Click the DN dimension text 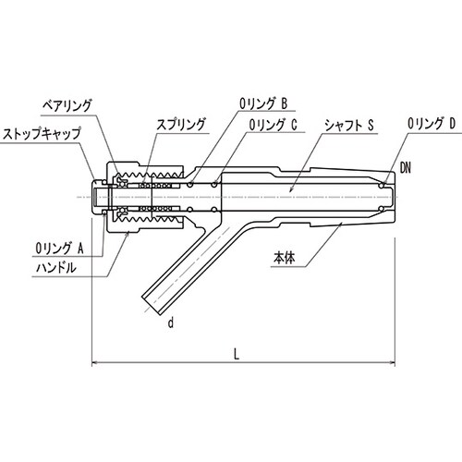(406, 166)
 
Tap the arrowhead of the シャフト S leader (291, 190)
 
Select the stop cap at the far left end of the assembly (96, 197)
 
